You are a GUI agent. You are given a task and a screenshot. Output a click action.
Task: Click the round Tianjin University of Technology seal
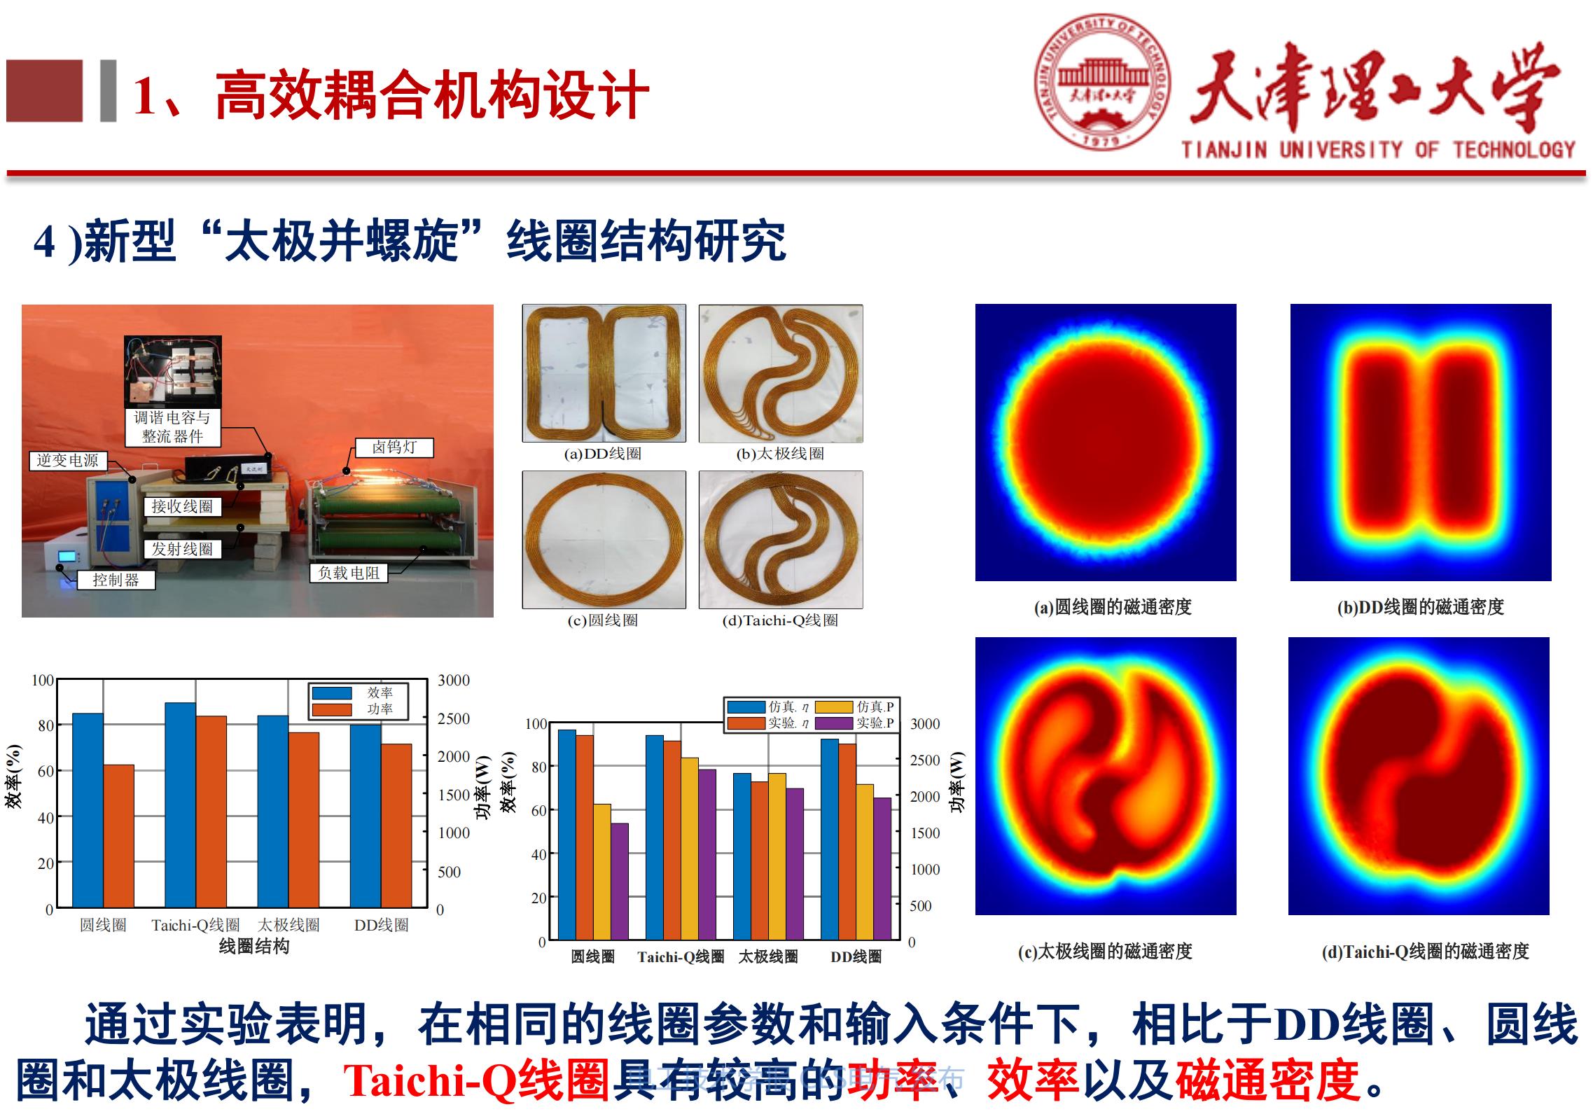(1102, 83)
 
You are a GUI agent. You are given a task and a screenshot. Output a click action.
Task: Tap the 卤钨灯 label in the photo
(394, 447)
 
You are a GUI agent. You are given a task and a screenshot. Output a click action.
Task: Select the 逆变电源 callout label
(68, 461)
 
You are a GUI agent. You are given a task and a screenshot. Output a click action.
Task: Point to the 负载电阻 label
(348, 573)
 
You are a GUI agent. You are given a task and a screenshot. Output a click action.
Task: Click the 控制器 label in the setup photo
(116, 580)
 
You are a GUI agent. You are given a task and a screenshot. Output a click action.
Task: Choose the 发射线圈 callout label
(182, 549)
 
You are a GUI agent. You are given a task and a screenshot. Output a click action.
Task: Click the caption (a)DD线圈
(602, 454)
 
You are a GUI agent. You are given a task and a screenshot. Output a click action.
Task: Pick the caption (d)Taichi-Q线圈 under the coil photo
(780, 620)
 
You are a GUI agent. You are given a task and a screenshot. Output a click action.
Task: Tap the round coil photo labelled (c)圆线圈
(604, 539)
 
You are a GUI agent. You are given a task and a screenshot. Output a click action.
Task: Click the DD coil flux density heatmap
(1420, 443)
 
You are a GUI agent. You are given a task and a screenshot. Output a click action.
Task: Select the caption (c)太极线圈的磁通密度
(1104, 952)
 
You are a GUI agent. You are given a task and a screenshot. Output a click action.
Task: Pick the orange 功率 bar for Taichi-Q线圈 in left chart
(211, 812)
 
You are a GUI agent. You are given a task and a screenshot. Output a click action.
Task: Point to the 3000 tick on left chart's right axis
(453, 681)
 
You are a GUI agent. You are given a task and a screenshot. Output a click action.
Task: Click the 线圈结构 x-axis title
(253, 947)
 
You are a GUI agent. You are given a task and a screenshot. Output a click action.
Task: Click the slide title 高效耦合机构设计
(431, 95)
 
